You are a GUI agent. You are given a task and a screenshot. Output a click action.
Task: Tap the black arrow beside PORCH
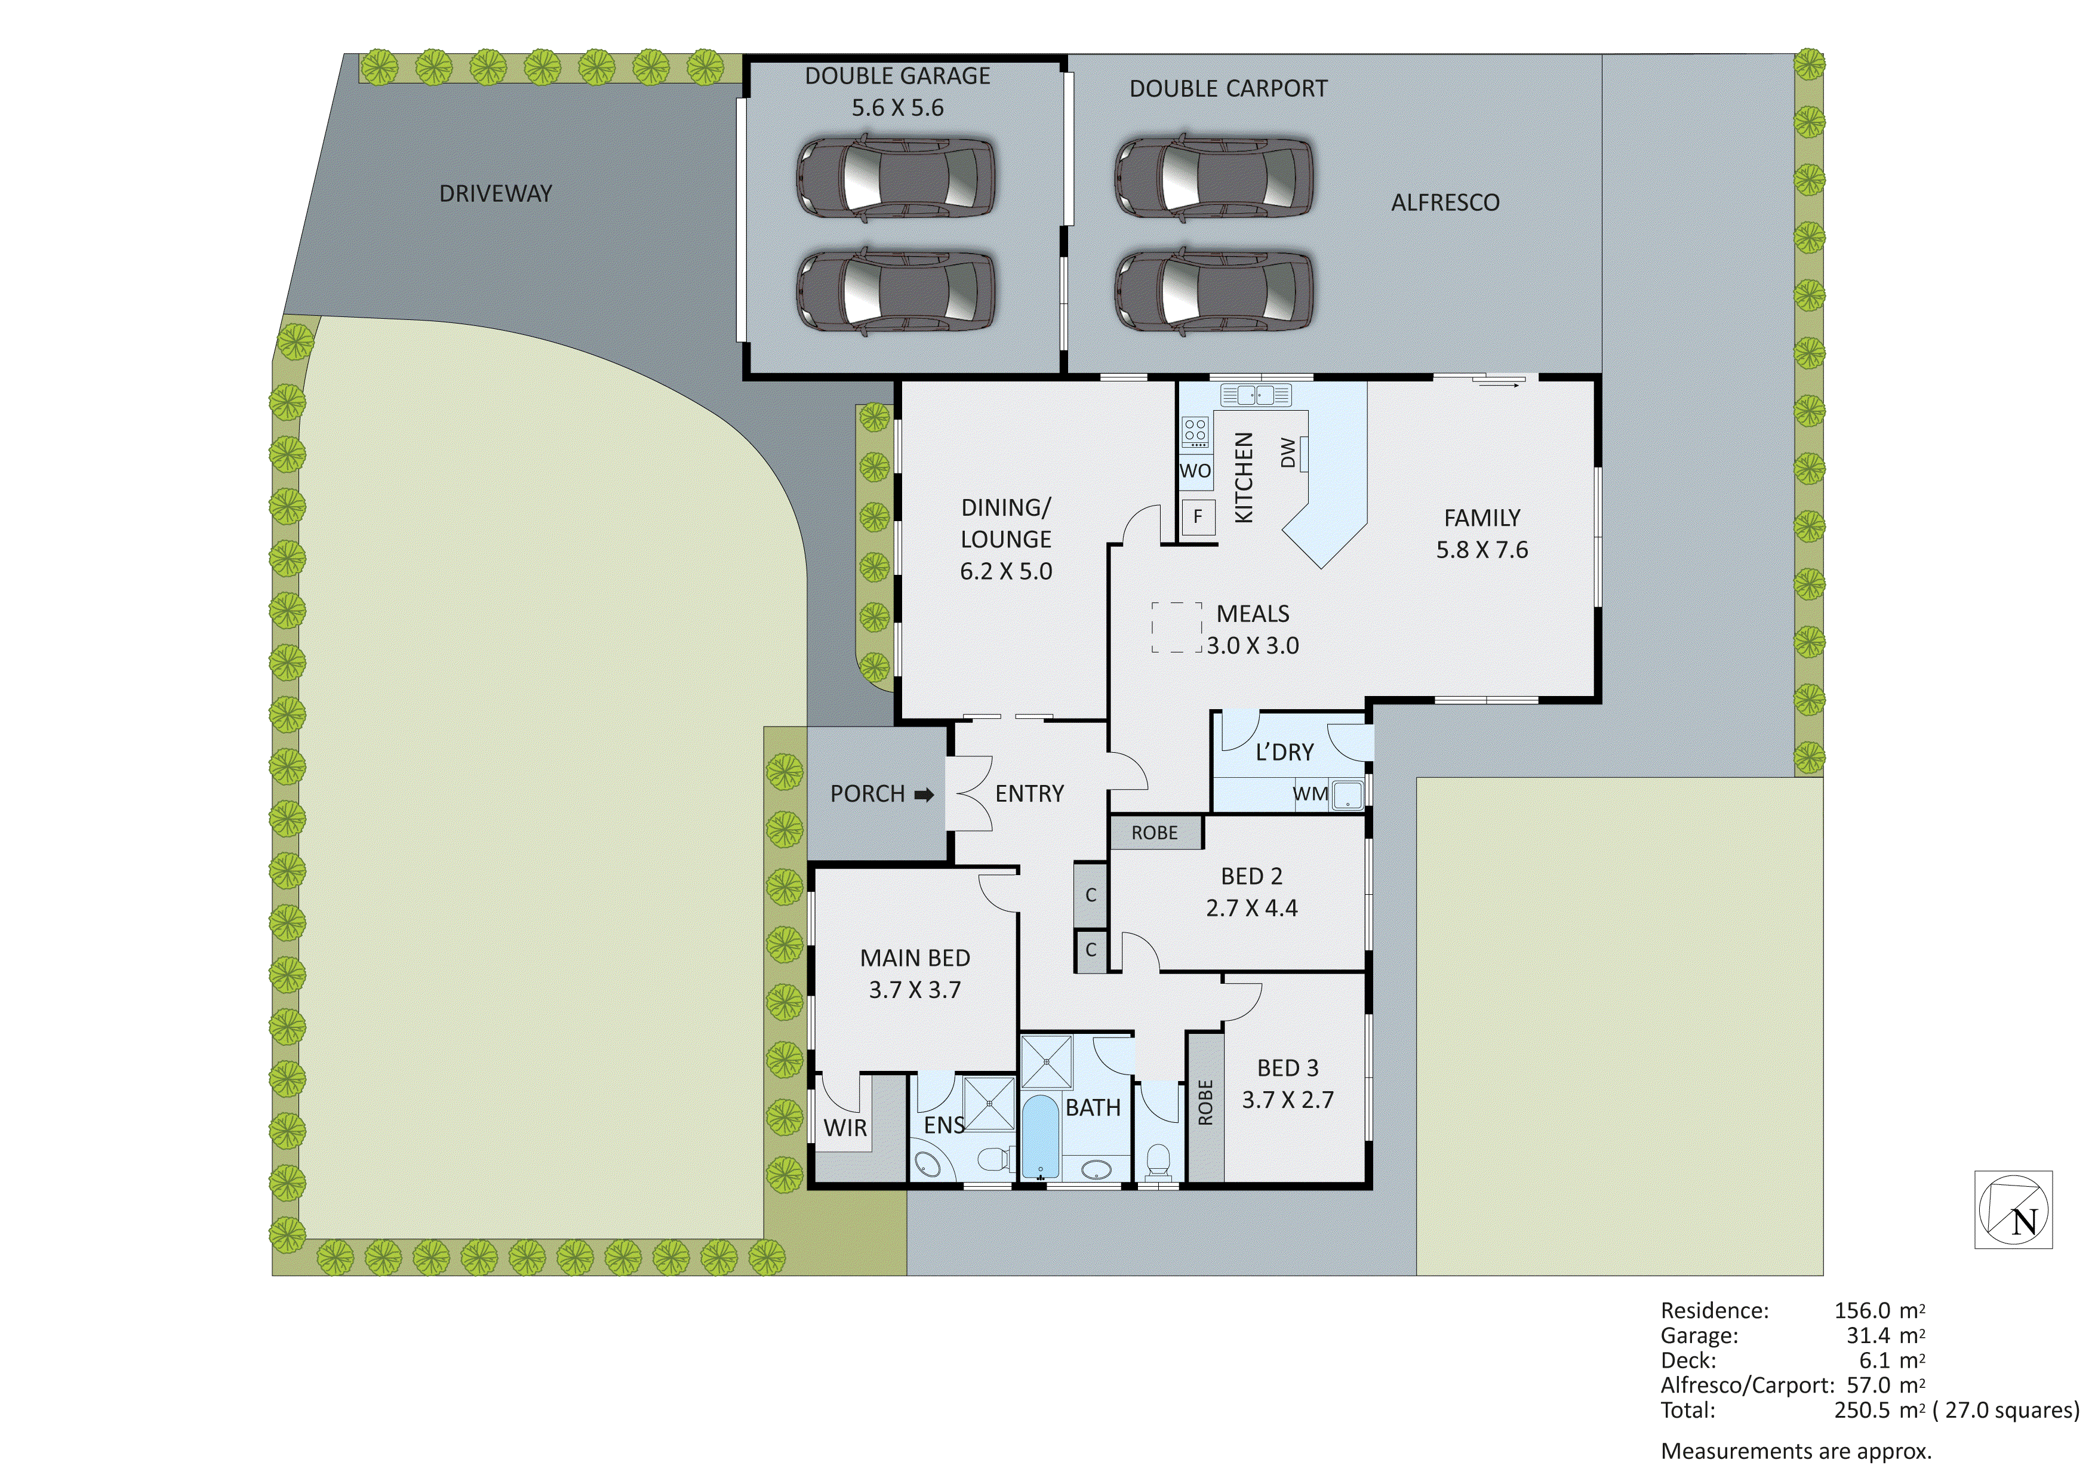[x=924, y=795]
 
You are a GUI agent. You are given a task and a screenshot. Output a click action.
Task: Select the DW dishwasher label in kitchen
[x=1287, y=452]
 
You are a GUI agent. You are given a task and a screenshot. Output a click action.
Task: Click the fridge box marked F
[x=1197, y=516]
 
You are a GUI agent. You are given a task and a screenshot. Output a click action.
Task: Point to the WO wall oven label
[x=1195, y=471]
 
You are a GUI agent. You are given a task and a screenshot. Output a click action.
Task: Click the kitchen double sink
[x=1256, y=395]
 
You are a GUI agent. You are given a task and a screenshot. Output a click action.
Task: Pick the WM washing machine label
[x=1310, y=794]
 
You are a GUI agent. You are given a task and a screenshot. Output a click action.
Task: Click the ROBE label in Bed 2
[x=1154, y=832]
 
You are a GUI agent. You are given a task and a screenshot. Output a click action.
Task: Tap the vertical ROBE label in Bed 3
[x=1205, y=1103]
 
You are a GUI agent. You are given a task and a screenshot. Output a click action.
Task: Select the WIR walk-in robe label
[x=845, y=1128]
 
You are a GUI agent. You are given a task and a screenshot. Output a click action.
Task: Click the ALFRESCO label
[x=1444, y=202]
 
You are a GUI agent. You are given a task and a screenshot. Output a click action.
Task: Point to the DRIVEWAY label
[x=496, y=193]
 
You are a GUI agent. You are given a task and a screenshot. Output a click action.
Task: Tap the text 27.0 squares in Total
[x=2011, y=1410]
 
